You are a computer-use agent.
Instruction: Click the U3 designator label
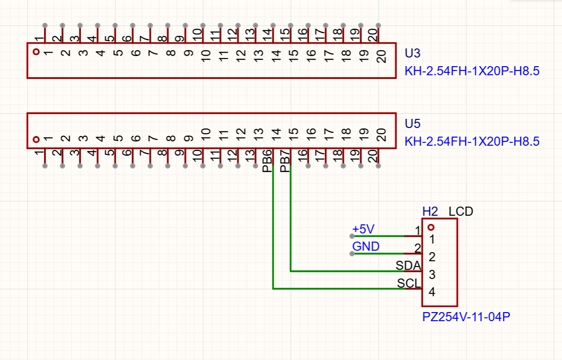pos(412,53)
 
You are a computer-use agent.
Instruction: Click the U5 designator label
pos(412,124)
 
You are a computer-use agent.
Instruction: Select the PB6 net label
pos(268,162)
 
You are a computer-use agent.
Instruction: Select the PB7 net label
pos(285,162)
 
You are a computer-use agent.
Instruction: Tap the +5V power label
pos(363,229)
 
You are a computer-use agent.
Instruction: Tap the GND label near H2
pos(366,246)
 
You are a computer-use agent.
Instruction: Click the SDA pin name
pos(408,265)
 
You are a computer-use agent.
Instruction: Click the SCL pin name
pos(409,283)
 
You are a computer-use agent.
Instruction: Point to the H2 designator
pos(430,211)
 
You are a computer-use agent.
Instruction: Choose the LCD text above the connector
pos(461,211)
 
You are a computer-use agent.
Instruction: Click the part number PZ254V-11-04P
pos(466,317)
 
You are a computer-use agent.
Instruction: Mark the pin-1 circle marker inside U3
pos(36,52)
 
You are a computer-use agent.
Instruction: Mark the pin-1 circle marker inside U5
pos(36,140)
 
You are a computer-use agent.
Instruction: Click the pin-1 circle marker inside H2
pos(431,227)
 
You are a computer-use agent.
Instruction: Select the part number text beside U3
pos(472,71)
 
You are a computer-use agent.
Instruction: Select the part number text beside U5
pos(472,142)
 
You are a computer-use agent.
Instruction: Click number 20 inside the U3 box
pos(382,57)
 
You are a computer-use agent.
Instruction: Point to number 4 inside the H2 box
pos(432,292)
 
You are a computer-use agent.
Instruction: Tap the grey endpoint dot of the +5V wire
pos(352,236)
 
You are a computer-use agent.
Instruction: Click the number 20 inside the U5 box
pos(382,135)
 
